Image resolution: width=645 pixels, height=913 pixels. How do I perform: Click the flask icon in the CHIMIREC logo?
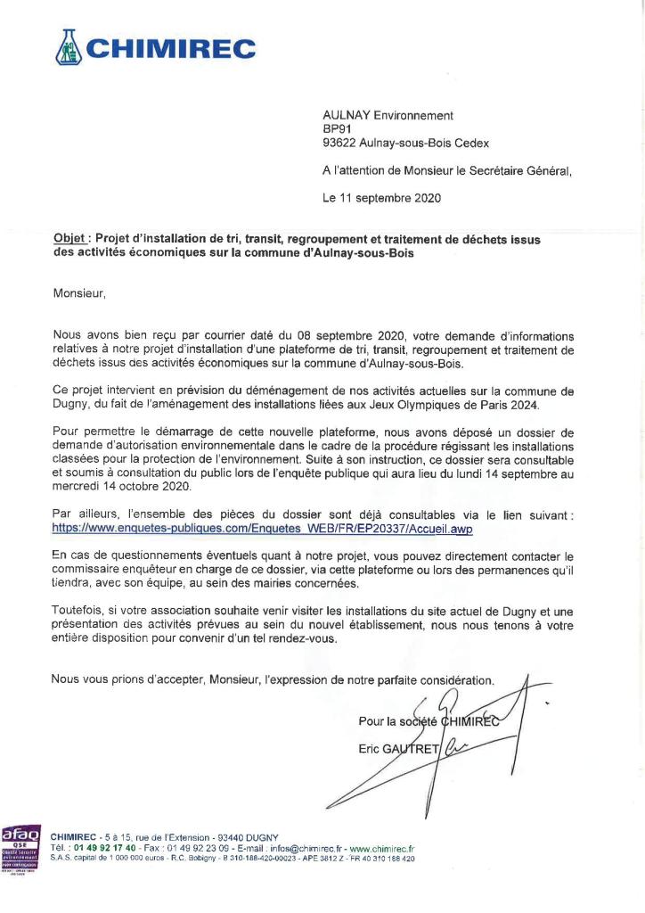coord(69,47)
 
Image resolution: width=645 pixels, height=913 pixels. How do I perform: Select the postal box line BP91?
coord(338,128)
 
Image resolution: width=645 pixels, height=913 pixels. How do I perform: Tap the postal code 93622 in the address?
coord(339,143)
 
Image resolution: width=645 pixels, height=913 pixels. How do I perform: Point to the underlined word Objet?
coord(69,239)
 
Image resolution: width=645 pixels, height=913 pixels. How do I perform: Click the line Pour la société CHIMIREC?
coord(429,721)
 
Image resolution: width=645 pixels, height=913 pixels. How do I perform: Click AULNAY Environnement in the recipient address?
coord(388,115)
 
